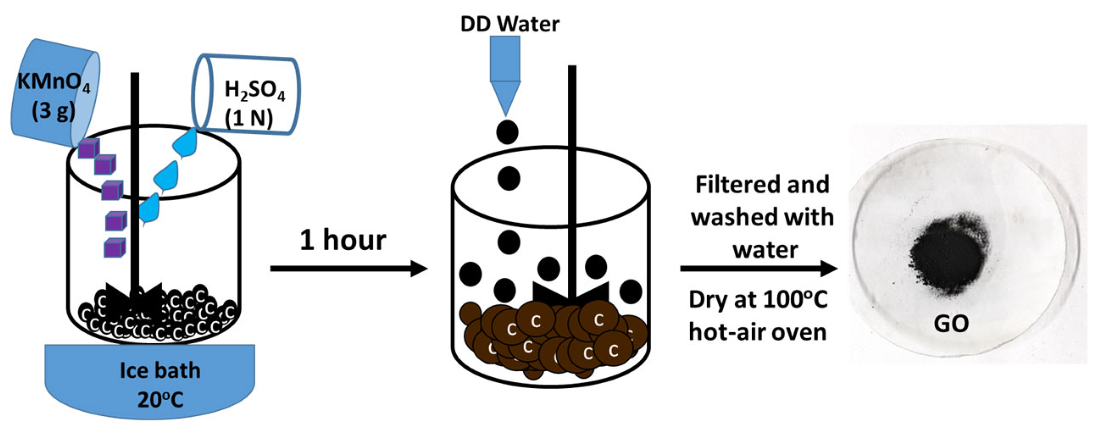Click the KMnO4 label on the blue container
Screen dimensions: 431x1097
[x=53, y=81]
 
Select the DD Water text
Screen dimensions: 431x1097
[x=510, y=24]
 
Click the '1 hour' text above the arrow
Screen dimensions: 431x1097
[x=343, y=240]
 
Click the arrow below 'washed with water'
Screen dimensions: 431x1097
[x=758, y=268]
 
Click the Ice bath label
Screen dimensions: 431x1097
[x=160, y=370]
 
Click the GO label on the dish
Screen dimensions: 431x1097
[x=951, y=323]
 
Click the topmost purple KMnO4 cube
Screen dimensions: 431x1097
[x=89, y=149]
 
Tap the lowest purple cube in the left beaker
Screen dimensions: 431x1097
[x=114, y=248]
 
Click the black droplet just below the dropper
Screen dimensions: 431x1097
[x=507, y=132]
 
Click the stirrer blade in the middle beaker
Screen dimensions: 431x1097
[x=571, y=293]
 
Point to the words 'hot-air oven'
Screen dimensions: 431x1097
[x=758, y=332]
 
